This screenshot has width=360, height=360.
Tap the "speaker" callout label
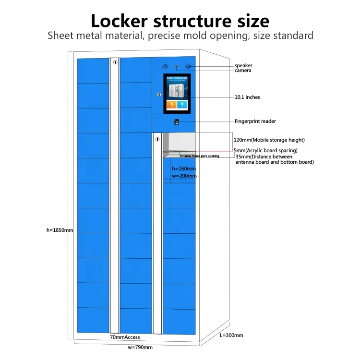coord(243,65)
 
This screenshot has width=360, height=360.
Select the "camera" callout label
coord(243,71)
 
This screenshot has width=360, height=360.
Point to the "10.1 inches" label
coord(247,97)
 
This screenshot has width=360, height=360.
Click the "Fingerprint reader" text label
coord(255,121)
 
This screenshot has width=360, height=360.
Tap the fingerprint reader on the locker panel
coord(176,121)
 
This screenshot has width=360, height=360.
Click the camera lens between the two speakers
coord(176,66)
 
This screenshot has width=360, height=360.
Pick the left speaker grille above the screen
coord(165,67)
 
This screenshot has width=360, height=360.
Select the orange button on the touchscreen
coord(171,105)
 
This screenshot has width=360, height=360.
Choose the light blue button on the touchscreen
coord(182,105)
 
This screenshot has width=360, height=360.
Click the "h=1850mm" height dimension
coord(60,230)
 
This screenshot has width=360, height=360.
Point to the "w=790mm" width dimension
coord(140,347)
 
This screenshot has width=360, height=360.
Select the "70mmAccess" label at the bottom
coord(125,337)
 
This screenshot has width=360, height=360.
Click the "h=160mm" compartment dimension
coord(184,169)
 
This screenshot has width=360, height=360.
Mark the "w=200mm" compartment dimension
coord(184,176)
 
